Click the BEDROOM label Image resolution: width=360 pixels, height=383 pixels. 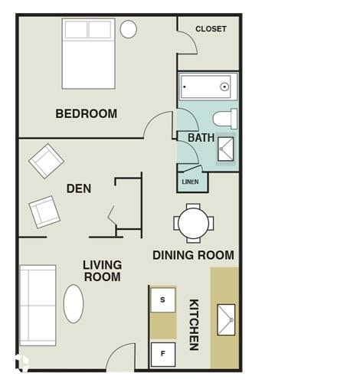(x=87, y=114)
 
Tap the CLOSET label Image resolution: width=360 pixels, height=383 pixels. (x=211, y=29)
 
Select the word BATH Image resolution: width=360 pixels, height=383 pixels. (x=201, y=138)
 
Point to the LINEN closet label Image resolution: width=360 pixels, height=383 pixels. (x=190, y=182)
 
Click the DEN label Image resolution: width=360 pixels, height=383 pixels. (x=78, y=188)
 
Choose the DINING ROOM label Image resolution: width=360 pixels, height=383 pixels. (x=193, y=255)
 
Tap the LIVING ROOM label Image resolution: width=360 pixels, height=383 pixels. (x=102, y=270)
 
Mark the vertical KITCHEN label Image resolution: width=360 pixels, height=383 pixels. (x=194, y=324)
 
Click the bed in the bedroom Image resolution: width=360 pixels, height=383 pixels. (x=88, y=54)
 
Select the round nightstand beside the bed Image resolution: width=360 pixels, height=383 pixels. (x=129, y=29)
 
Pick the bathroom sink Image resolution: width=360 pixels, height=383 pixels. (x=226, y=148)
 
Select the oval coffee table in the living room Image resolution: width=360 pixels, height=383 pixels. (x=74, y=304)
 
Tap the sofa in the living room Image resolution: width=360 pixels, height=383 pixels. (x=38, y=305)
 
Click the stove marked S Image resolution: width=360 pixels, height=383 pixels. (x=162, y=300)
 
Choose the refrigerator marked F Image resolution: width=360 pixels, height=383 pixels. (x=162, y=354)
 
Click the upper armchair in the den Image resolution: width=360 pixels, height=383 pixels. (x=46, y=161)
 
